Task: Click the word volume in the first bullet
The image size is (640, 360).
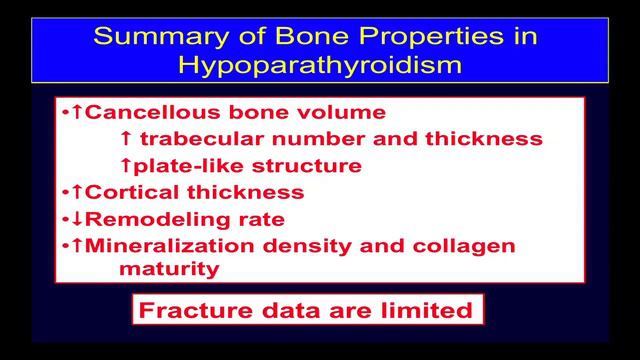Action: [346, 113]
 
